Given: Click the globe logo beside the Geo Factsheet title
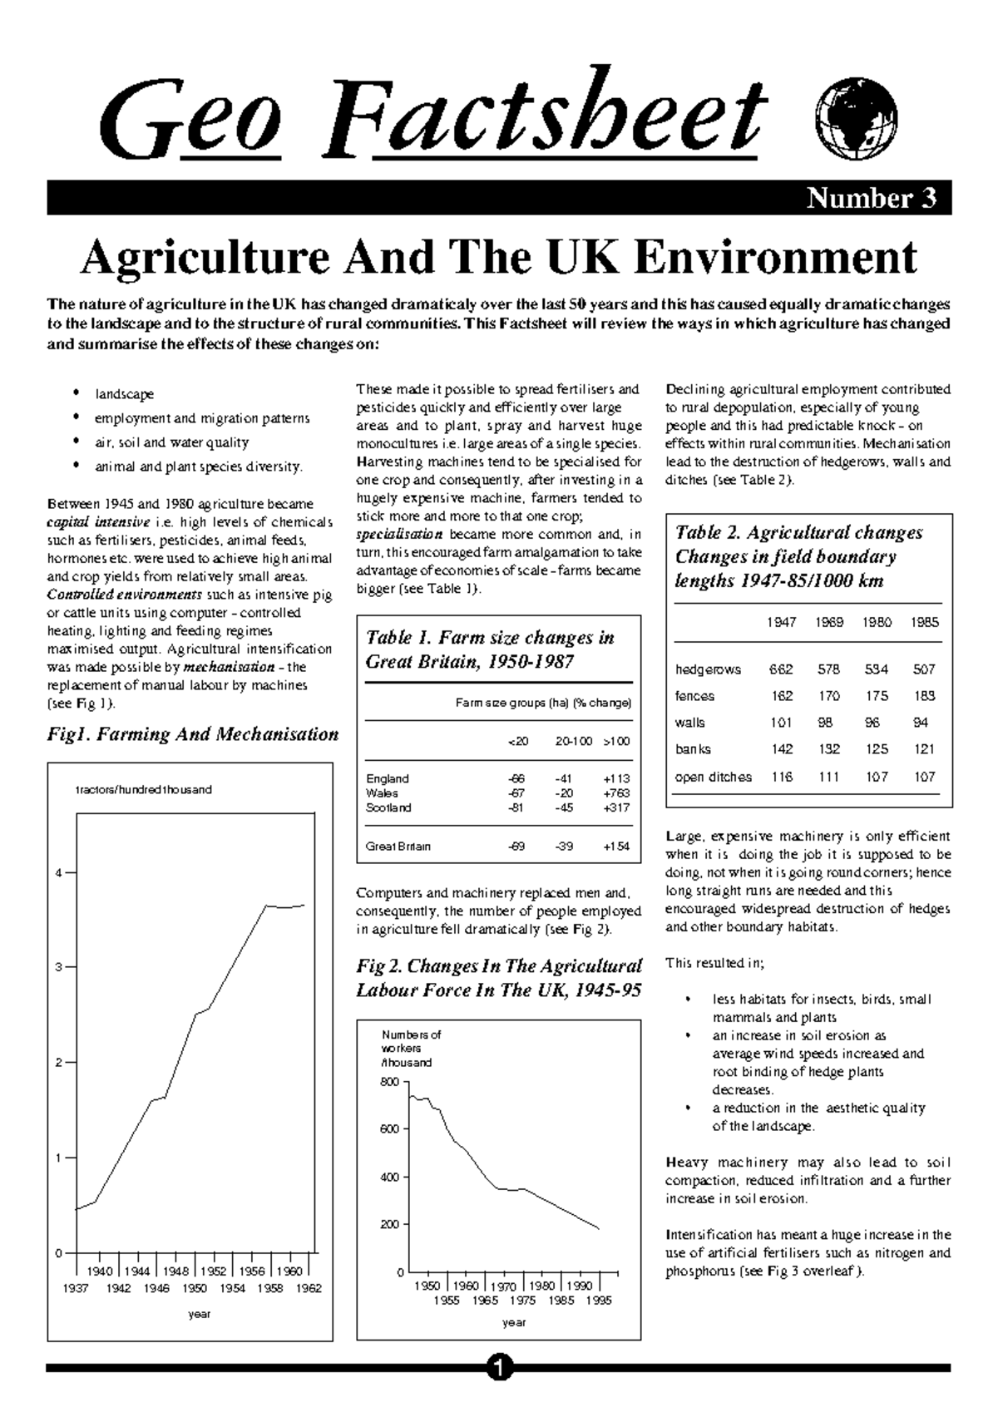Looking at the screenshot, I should click(x=857, y=123).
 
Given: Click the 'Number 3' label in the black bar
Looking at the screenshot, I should click(x=872, y=199).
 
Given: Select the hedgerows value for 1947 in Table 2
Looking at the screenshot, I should click(x=781, y=669).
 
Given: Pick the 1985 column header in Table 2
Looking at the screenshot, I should click(x=925, y=622).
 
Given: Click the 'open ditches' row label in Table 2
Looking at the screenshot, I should click(x=713, y=777).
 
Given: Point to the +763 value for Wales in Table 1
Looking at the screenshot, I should click(x=616, y=793).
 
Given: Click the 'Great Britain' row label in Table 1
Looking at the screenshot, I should click(x=398, y=847).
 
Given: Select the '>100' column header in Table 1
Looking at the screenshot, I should click(x=616, y=741).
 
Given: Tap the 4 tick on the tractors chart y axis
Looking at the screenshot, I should click(x=58, y=873).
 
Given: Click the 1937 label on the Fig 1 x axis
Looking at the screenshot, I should click(x=77, y=1288).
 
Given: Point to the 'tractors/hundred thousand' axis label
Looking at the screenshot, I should click(x=144, y=789).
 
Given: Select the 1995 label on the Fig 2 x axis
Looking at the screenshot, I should click(x=598, y=1301).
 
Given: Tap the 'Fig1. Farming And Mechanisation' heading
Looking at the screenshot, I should click(x=193, y=734).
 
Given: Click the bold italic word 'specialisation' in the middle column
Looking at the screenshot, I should click(x=399, y=535).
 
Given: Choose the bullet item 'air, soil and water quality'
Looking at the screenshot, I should click(x=171, y=442).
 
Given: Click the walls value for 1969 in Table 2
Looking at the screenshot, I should click(x=828, y=723).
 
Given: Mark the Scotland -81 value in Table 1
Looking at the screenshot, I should click(x=516, y=807).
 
